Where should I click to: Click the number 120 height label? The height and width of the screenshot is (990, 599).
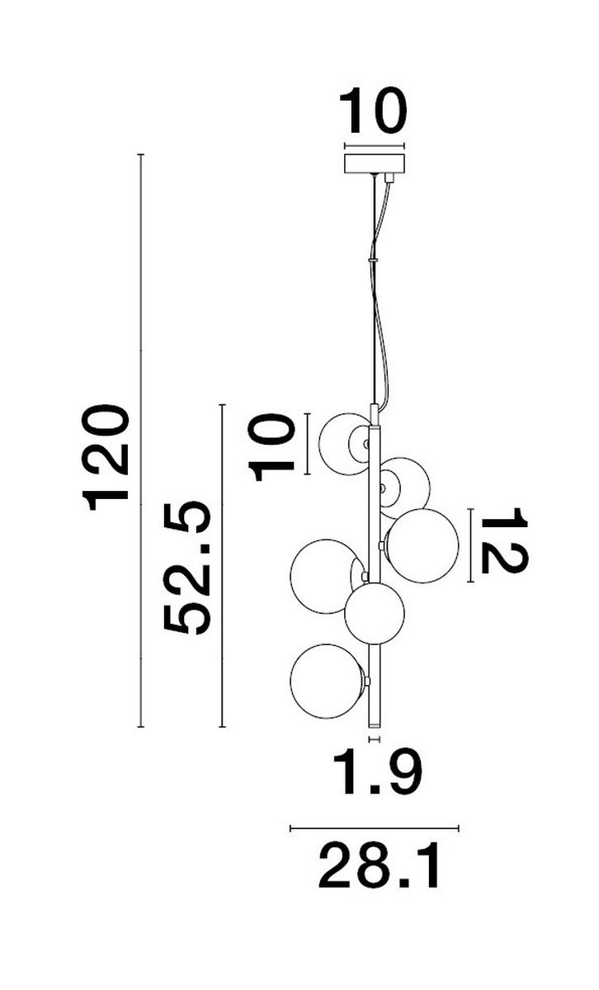click(106, 458)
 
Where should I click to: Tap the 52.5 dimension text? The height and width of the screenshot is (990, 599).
click(186, 568)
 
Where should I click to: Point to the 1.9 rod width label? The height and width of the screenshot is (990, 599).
click(377, 772)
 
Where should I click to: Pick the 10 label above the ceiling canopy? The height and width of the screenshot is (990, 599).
click(373, 111)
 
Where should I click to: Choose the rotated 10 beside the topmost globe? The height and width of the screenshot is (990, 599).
click(271, 447)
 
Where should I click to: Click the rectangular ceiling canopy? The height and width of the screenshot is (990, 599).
click(374, 163)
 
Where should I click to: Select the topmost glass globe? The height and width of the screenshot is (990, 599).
click(345, 444)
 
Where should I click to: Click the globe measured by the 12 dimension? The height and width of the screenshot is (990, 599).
click(422, 546)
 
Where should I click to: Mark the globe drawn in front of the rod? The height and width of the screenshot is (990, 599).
click(375, 614)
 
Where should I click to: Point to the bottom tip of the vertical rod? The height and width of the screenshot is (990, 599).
click(374, 727)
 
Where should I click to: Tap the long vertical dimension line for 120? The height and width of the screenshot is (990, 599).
click(140, 441)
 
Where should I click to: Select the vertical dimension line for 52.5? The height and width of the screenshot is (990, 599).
click(223, 566)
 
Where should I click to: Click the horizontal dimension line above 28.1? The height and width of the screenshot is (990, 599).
click(375, 827)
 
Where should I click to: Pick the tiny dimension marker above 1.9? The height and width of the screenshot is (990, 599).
click(374, 738)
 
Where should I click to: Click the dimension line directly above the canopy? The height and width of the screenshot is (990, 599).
click(374, 145)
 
